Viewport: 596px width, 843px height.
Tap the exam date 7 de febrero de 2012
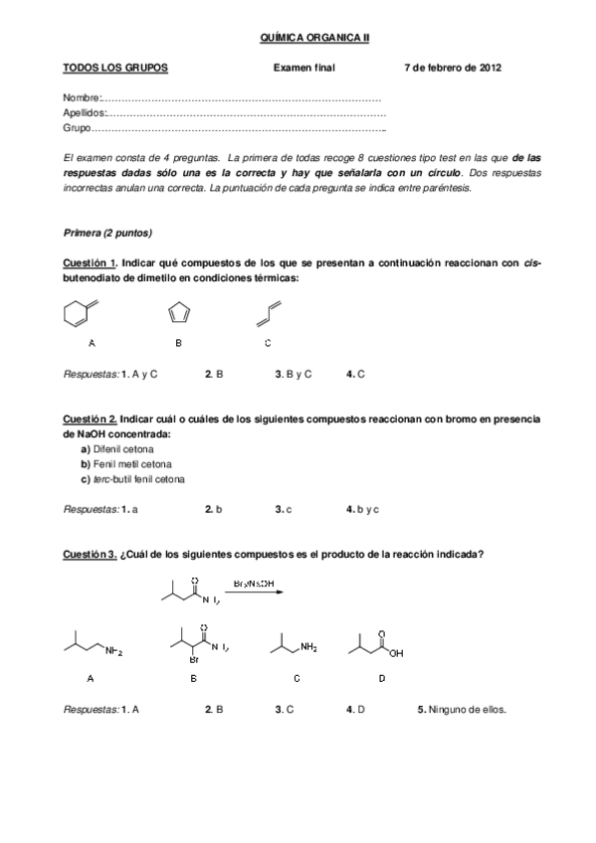[x=453, y=68]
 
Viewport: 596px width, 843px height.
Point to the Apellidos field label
[x=85, y=114]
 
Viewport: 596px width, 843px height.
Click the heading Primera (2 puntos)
[x=106, y=233]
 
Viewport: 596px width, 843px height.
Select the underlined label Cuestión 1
[x=90, y=262]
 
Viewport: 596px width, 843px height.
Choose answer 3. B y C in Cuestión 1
[x=294, y=374]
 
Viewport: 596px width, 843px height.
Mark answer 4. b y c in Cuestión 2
[x=362, y=509]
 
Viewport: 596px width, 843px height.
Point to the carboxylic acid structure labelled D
[x=375, y=646]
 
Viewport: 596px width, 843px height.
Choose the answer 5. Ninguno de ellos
[x=462, y=710]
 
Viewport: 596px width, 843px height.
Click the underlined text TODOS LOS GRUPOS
[x=115, y=68]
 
